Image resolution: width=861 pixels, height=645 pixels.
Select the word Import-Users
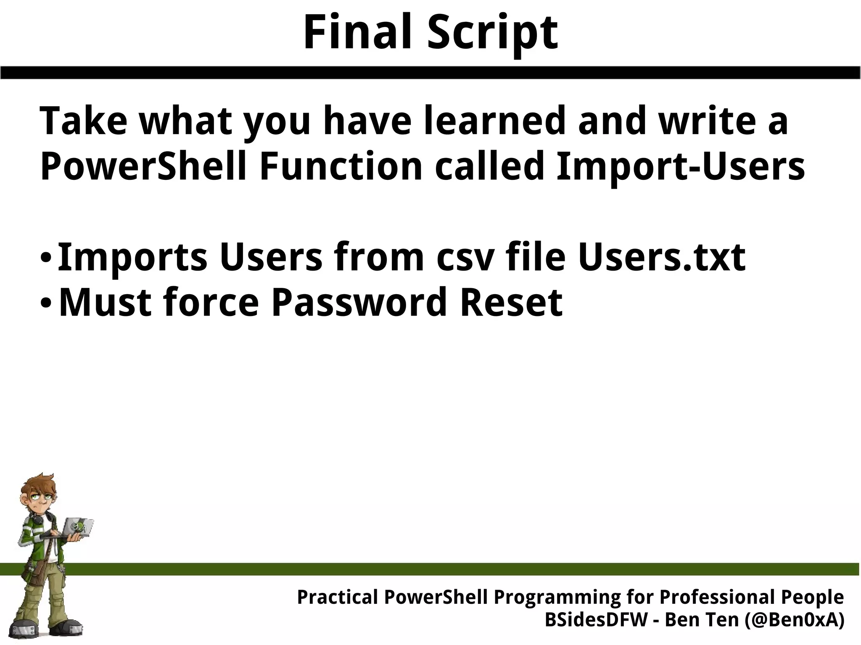tap(680, 167)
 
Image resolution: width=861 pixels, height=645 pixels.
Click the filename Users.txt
tap(661, 257)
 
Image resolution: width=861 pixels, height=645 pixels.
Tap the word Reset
tap(511, 303)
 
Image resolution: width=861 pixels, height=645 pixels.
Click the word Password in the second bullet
tap(359, 303)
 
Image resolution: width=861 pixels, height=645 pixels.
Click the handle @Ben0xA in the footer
tap(794, 620)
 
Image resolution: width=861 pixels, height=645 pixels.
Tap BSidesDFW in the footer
tap(596, 620)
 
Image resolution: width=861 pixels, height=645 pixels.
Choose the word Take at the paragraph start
tap(83, 121)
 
